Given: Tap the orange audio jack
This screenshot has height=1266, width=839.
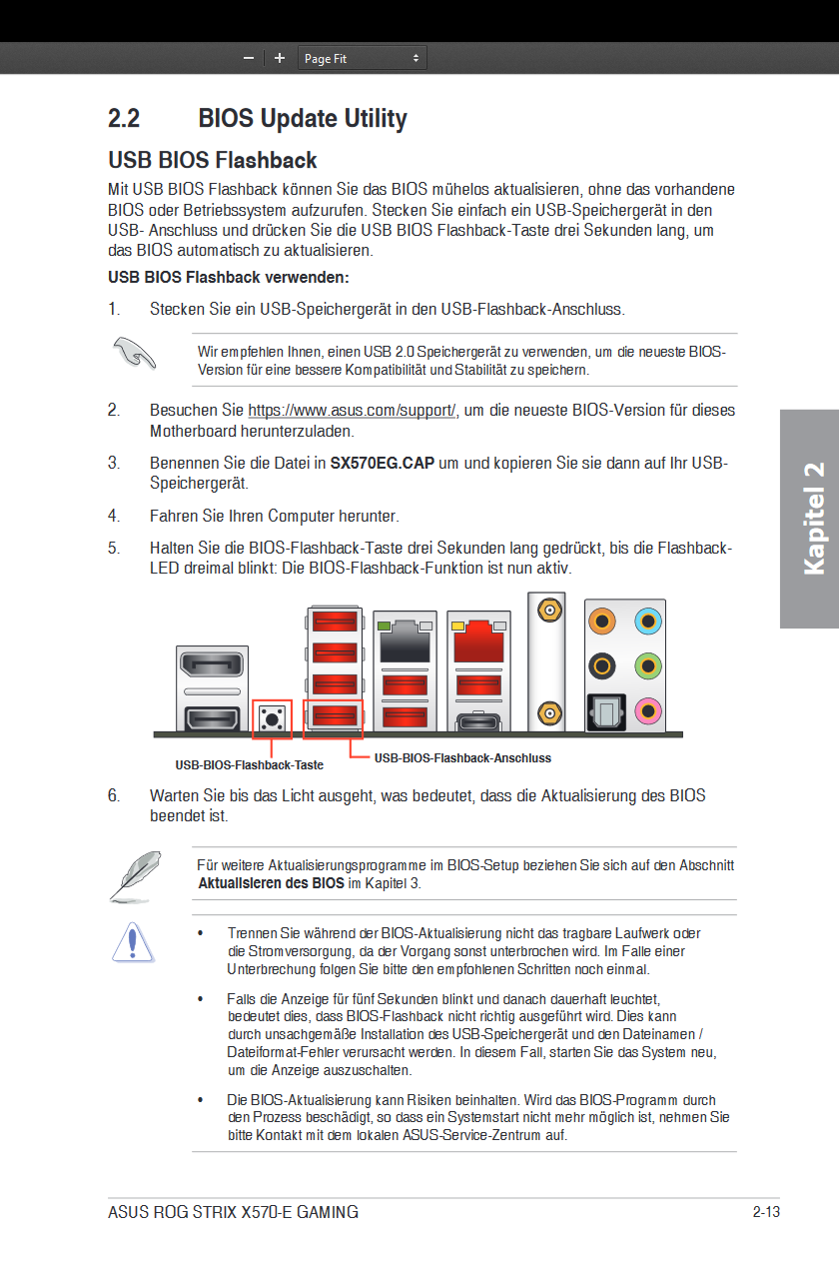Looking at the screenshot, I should point(602,622).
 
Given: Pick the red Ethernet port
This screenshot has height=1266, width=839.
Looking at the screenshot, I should point(477,639).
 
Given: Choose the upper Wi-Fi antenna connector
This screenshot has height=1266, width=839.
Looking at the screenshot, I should point(547,610).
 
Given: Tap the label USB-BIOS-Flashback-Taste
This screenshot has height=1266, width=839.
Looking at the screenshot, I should point(250,765).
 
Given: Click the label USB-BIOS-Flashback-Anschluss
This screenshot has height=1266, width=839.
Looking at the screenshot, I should point(462,758).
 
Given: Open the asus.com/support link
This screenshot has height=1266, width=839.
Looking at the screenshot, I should point(352,411).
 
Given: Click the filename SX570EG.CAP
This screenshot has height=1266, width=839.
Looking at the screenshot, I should point(382,464).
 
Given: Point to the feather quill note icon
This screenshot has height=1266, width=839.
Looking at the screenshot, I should point(134,874).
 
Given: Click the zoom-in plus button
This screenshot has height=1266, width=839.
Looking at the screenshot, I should point(280,59).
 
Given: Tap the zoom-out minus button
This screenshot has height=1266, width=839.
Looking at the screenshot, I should point(249,59).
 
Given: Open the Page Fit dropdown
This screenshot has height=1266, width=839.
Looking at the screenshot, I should point(363,59).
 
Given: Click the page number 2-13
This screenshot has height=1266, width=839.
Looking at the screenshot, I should point(766,1213).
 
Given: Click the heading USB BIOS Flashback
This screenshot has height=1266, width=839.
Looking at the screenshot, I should point(213,161).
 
